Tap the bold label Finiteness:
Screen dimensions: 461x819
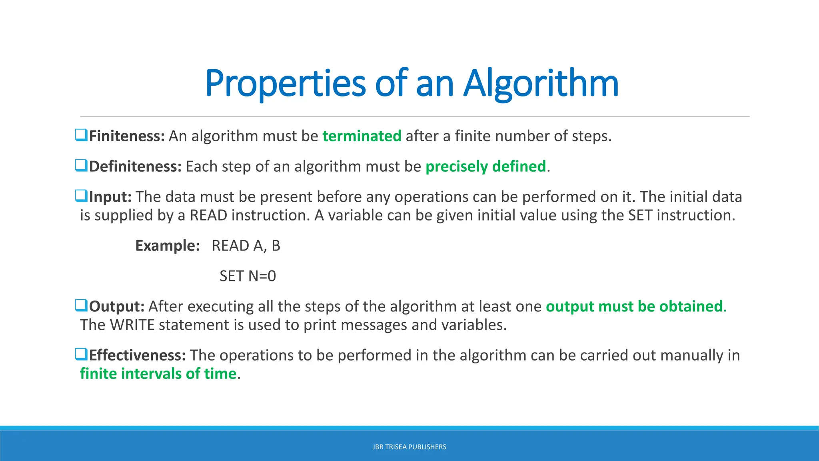pos(127,136)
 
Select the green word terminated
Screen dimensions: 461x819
pos(362,136)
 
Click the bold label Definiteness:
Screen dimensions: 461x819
pos(135,166)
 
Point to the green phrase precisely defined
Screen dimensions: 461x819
pos(485,166)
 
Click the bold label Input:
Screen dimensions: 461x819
pos(110,197)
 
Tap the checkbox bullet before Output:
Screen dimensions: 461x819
pos(81,306)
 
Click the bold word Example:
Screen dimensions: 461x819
pos(167,246)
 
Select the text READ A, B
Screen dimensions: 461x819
pos(246,246)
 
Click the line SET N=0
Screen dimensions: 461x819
pos(248,276)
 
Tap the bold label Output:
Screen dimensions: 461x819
pos(116,307)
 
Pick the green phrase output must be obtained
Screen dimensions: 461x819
pos(634,307)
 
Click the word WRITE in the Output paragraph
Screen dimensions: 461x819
pos(132,325)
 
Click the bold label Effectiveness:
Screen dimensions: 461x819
pos(137,355)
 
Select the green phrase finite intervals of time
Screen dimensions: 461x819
pos(158,374)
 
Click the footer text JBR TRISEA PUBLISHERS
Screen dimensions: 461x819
pos(409,447)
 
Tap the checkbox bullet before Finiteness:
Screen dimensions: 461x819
pos(81,135)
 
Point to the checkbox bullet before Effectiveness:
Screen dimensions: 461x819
pos(81,355)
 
